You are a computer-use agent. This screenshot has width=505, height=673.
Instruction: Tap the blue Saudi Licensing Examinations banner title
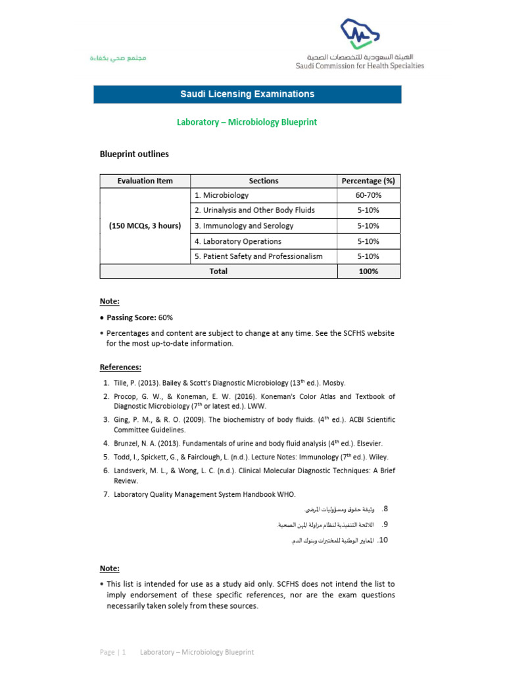[247, 94]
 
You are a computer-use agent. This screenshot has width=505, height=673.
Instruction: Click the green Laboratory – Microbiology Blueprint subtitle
[247, 122]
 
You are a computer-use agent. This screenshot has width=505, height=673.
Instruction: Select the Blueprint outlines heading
[134, 154]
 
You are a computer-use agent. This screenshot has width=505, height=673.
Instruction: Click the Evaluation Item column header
[145, 181]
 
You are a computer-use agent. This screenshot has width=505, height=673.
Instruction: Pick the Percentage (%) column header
[368, 181]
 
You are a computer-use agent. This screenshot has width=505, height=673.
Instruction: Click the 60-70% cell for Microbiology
[368, 195]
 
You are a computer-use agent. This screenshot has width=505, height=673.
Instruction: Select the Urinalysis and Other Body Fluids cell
[254, 210]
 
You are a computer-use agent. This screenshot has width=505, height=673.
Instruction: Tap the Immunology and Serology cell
[244, 225]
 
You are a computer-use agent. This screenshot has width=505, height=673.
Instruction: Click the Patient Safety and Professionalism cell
[258, 256]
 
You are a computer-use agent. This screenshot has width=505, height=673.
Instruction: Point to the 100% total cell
[368, 271]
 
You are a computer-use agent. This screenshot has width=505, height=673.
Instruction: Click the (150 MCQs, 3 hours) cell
[145, 225]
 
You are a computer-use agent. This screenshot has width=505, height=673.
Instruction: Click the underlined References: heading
[120, 367]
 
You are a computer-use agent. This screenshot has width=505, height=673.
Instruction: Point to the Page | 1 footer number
[112, 652]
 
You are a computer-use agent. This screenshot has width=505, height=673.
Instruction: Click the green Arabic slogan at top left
[118, 58]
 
